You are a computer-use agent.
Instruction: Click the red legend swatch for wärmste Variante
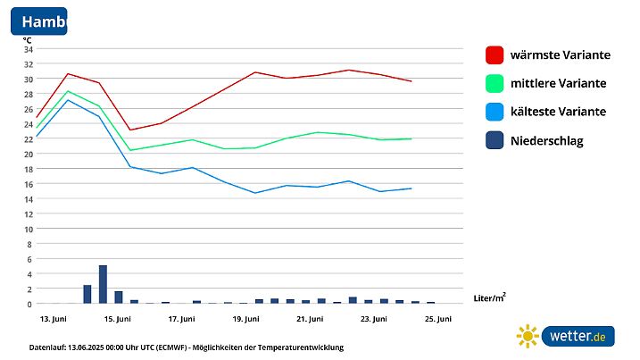pyautogui.click(x=495, y=54)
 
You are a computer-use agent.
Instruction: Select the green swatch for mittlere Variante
pyautogui.click(x=495, y=83)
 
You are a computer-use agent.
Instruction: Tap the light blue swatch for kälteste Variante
pyautogui.click(x=495, y=112)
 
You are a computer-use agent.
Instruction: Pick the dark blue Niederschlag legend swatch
pyautogui.click(x=495, y=140)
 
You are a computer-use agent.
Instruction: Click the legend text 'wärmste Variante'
pyautogui.click(x=560, y=54)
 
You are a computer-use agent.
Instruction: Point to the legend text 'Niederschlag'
pyautogui.click(x=546, y=140)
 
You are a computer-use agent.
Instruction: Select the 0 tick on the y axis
pyautogui.click(x=29, y=304)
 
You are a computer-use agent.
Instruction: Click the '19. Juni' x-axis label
pyautogui.click(x=245, y=319)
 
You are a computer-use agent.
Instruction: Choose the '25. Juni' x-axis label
pyautogui.click(x=437, y=319)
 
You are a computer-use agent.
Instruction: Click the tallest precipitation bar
pyautogui.click(x=103, y=284)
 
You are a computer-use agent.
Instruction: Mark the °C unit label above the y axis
pyautogui.click(x=28, y=39)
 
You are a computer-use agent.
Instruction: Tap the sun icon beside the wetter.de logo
pyautogui.click(x=528, y=336)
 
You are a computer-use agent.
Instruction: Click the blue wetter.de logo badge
pyautogui.click(x=578, y=336)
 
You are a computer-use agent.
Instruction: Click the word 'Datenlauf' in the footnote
pyautogui.click(x=48, y=347)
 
